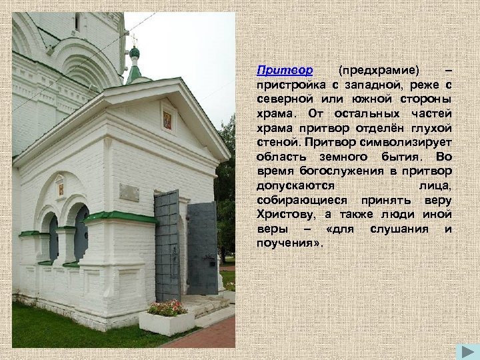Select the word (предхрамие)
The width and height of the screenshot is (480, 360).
click(x=379, y=70)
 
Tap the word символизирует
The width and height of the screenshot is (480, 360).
click(x=415, y=142)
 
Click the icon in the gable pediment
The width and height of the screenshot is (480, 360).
click(x=167, y=120)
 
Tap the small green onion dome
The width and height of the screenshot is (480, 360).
click(x=135, y=52)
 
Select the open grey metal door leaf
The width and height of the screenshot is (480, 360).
click(x=202, y=247)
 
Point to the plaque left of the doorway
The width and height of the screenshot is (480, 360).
click(x=129, y=192)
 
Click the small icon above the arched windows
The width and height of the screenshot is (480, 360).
click(x=60, y=188)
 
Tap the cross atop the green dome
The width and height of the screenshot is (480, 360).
click(x=133, y=38)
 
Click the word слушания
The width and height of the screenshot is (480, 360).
click(x=400, y=229)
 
